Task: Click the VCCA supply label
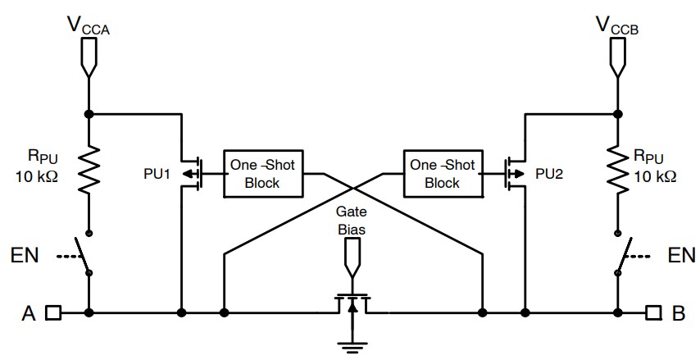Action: coord(89,27)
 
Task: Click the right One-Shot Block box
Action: coord(442,173)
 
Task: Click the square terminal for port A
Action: coord(53,312)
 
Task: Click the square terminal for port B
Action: coord(652,312)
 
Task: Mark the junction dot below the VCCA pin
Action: coord(89,113)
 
